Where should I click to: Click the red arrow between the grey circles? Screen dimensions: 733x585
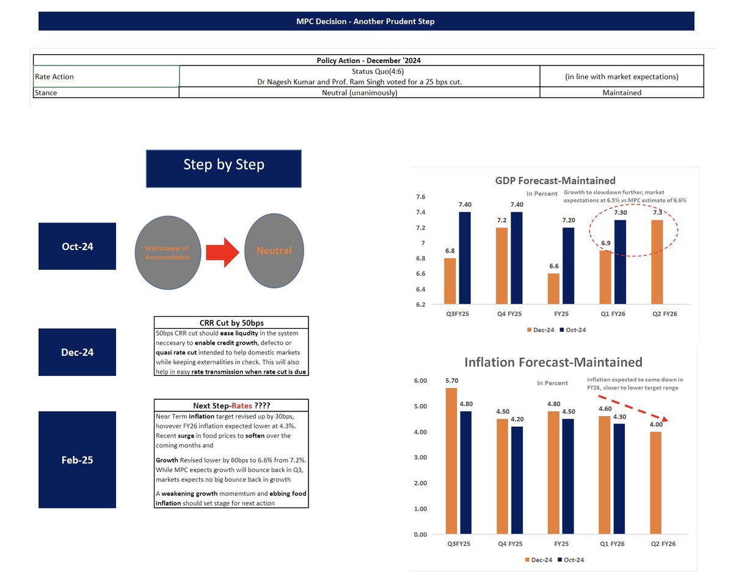222,252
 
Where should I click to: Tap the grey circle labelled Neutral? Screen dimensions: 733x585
274,251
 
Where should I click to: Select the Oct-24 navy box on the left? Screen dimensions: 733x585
77,246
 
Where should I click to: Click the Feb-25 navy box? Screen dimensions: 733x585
77,460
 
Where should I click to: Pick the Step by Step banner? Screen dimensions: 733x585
224,169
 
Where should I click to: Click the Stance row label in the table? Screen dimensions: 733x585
46,93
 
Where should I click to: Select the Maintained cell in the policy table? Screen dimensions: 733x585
622,93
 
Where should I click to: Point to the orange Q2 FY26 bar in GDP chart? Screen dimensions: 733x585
657,262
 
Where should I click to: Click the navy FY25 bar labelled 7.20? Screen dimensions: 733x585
568,265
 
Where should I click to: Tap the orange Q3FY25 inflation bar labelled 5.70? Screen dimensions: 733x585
451,461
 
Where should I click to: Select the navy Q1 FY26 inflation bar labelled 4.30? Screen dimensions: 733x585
619,479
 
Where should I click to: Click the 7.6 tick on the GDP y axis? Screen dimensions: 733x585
420,197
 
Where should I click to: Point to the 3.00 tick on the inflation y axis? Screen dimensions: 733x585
420,457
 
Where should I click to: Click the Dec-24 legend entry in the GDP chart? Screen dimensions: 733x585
541,329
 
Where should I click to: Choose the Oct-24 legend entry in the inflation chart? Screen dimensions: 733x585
571,560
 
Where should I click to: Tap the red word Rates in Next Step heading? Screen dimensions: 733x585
242,406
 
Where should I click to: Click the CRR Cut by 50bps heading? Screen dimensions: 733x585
232,323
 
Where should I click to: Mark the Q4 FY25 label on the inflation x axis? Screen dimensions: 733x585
510,544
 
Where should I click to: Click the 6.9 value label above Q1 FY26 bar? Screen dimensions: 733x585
605,243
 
